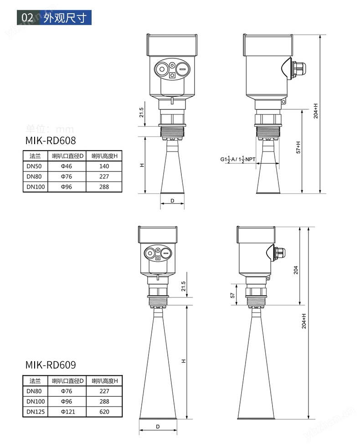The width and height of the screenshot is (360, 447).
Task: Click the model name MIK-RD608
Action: click(x=50, y=140)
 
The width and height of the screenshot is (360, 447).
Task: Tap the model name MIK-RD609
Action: click(x=50, y=364)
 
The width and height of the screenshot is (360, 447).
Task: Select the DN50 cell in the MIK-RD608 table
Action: click(x=34, y=166)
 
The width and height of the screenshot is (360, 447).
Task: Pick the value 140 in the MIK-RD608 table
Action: click(x=104, y=166)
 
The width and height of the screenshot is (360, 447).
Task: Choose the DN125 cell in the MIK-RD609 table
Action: click(x=34, y=411)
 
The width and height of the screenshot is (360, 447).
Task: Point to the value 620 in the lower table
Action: click(x=104, y=411)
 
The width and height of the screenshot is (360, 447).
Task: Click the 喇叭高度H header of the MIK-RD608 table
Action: click(x=104, y=156)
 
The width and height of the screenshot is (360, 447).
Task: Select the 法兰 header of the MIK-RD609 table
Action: click(x=35, y=380)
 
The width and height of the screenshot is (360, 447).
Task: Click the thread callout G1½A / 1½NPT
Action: click(x=238, y=160)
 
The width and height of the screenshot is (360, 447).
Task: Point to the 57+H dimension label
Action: click(x=298, y=146)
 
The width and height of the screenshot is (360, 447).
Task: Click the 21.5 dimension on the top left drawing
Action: click(x=141, y=112)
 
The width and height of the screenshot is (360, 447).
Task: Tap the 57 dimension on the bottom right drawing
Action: click(x=232, y=296)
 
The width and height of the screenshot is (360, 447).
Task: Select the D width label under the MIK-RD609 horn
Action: click(x=157, y=427)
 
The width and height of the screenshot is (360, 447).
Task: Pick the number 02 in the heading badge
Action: click(x=28, y=18)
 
